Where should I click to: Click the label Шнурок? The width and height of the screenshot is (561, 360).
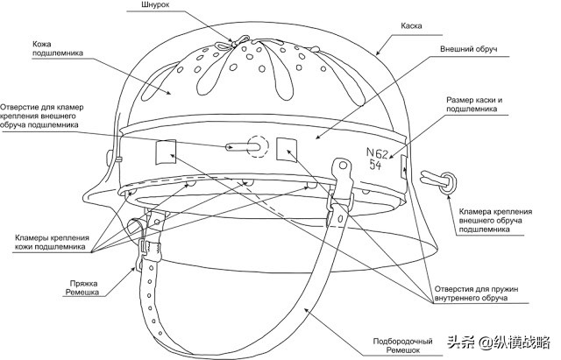[x=155, y=5]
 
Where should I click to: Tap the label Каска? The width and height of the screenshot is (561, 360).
[x=411, y=25]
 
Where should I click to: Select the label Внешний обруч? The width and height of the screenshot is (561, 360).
[x=468, y=49]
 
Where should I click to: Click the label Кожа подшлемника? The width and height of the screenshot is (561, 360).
[x=58, y=49]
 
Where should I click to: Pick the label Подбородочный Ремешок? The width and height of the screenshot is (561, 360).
[x=402, y=346]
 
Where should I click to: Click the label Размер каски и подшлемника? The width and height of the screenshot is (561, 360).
[x=474, y=104]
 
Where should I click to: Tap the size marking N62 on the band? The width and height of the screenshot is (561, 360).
[x=377, y=153]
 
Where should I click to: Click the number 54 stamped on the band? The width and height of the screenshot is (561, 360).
[x=375, y=165]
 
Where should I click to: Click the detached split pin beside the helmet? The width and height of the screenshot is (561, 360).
[x=438, y=180]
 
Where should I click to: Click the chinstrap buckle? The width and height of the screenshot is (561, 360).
[x=149, y=248]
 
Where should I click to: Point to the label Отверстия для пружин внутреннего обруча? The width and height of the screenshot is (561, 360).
[x=476, y=293]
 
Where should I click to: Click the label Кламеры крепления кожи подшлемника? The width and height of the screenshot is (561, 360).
[x=52, y=243]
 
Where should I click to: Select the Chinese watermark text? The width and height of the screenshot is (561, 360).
[x=500, y=342]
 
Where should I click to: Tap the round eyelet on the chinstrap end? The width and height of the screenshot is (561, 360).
[x=343, y=166]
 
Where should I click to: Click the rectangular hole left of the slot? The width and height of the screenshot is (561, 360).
[x=166, y=152]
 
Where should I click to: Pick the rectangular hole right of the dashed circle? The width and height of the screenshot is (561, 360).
[x=287, y=150]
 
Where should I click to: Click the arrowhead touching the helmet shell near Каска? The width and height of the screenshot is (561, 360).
[x=378, y=52]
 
